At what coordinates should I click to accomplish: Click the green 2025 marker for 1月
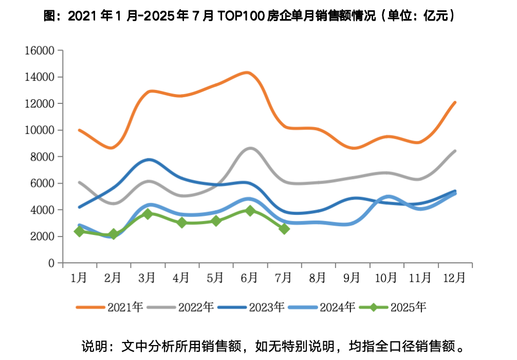(79, 231)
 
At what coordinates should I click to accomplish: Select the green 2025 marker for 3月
(147, 213)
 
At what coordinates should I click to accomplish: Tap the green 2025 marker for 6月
(250, 210)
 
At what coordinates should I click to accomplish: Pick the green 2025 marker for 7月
(284, 228)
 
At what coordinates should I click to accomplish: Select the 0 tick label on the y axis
(51, 263)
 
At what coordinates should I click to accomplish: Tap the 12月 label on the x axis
(454, 278)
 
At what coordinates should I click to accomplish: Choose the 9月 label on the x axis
(352, 278)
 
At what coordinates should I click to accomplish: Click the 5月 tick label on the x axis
(215, 278)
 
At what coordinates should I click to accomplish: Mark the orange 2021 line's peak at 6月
(249, 73)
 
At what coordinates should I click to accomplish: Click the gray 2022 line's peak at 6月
(250, 148)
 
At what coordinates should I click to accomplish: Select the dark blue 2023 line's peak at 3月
(149, 159)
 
